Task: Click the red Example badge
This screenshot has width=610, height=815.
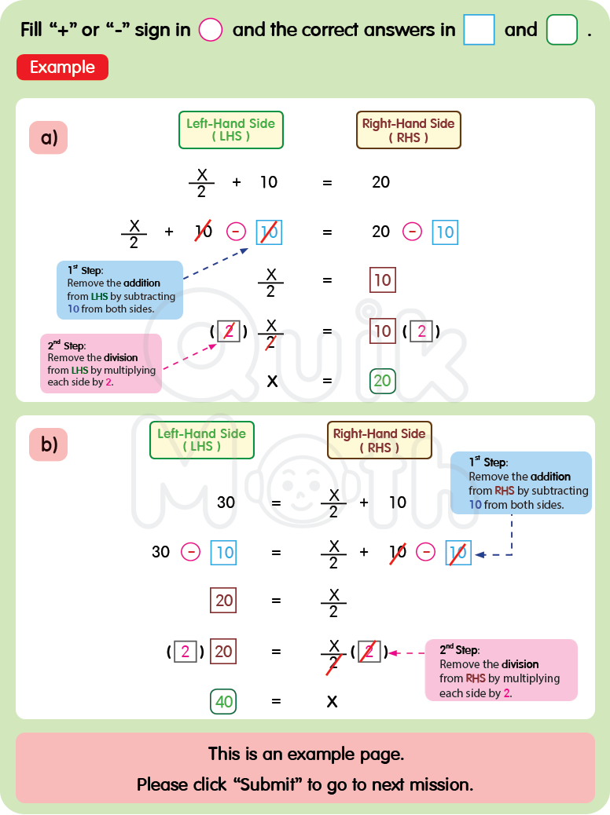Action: point(62,68)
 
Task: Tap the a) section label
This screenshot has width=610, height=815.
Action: point(50,138)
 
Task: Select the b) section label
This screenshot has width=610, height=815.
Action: point(50,445)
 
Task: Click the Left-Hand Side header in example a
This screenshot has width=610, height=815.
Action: point(230,130)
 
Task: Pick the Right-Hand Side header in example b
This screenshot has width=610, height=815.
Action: point(379,440)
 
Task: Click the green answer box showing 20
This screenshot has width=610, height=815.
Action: point(382,382)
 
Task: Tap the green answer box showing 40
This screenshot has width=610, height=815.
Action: point(224,701)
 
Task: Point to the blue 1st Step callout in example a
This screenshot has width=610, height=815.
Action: point(119,290)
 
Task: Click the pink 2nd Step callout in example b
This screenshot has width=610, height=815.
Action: point(501,670)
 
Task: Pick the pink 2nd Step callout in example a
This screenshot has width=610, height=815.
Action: point(101,364)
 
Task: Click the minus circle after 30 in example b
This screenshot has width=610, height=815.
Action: point(190,552)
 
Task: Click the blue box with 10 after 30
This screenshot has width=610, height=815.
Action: point(224,552)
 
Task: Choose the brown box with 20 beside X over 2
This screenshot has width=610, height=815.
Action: point(224,601)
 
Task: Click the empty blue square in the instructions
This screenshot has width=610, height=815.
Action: point(479,31)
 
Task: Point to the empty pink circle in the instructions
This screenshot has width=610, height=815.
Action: point(211,31)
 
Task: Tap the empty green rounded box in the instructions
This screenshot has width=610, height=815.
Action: point(561,31)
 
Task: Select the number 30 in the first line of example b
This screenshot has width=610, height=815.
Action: point(226,502)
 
